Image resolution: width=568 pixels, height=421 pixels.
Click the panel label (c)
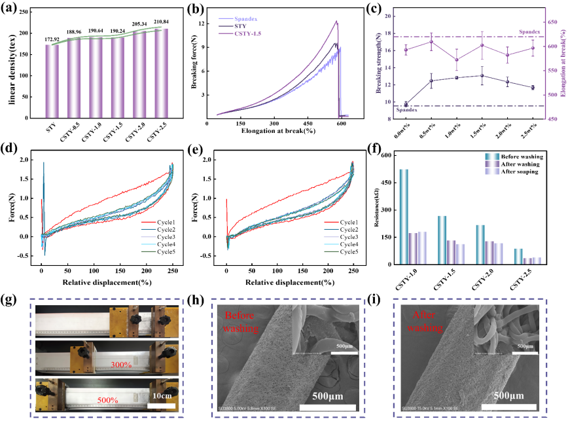375,9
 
